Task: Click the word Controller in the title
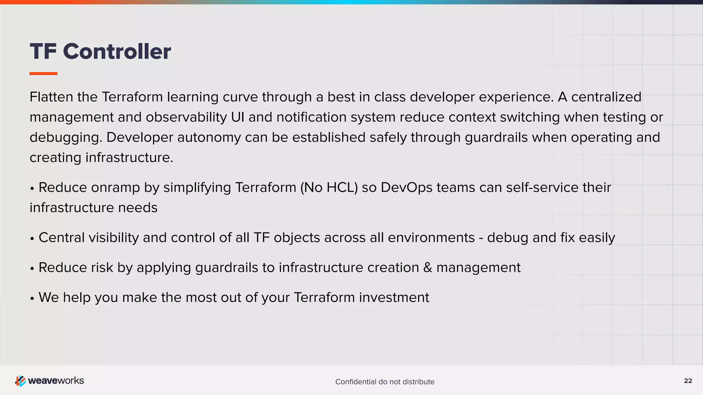click(x=117, y=51)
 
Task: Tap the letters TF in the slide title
click(x=43, y=51)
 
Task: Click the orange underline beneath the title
click(x=43, y=73)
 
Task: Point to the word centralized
click(x=606, y=97)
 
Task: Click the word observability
click(x=186, y=117)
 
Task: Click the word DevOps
click(x=406, y=188)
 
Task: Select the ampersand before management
click(x=427, y=267)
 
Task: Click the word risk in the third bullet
click(x=102, y=267)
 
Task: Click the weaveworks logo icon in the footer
click(x=20, y=381)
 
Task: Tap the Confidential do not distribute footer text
click(x=384, y=382)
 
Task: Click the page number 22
click(x=688, y=381)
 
